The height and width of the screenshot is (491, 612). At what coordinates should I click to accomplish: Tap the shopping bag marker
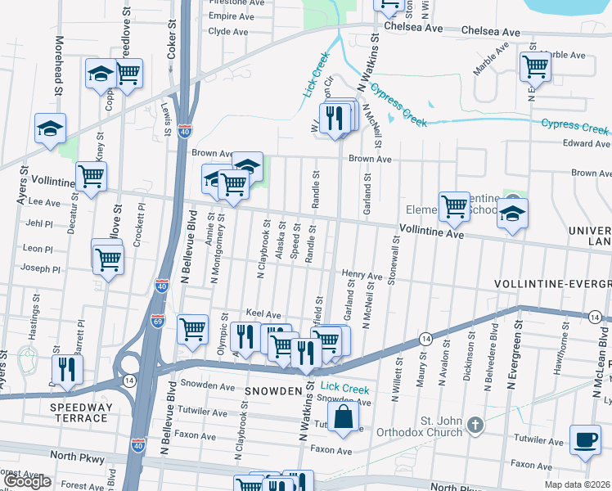[345, 415]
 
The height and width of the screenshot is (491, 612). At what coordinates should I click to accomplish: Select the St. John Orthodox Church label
[442, 429]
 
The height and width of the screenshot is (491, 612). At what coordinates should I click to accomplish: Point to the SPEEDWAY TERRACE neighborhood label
[79, 412]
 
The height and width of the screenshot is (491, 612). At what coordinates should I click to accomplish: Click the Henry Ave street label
[362, 277]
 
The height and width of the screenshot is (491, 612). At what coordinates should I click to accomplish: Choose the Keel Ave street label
[263, 314]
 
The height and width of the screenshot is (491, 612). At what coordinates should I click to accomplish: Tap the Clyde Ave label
[228, 32]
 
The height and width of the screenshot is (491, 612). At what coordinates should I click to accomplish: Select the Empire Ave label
[232, 16]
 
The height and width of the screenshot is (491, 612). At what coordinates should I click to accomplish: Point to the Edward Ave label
[587, 144]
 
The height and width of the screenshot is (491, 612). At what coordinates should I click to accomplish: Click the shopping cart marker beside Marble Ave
[535, 66]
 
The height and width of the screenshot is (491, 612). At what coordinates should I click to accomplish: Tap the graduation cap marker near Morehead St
[50, 129]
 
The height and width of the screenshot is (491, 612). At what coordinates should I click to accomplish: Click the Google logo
[27, 481]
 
